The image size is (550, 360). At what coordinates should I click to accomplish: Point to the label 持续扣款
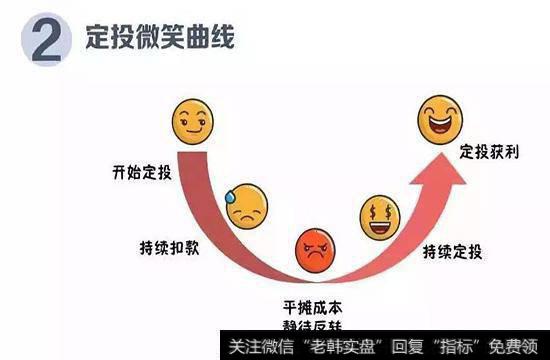click(171, 246)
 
